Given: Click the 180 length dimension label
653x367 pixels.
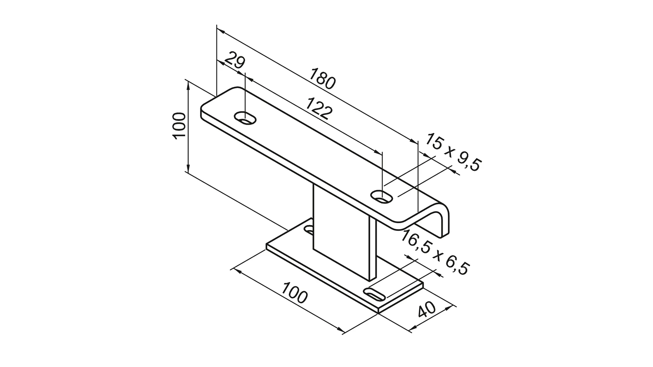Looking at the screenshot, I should (x=323, y=78).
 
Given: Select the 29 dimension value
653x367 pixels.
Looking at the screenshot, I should (x=235, y=60).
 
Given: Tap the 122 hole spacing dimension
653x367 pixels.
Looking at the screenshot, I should (x=318, y=108).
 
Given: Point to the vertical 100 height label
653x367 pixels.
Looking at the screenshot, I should (x=179, y=125).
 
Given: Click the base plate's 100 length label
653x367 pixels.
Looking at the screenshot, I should (x=295, y=292).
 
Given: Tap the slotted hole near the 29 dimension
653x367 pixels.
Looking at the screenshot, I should (x=245, y=119).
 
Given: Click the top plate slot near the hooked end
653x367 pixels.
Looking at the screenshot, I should (x=382, y=196).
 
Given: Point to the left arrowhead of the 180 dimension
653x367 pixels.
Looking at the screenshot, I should (x=220, y=31).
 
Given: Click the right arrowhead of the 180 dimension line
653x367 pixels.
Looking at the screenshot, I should (x=414, y=141).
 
